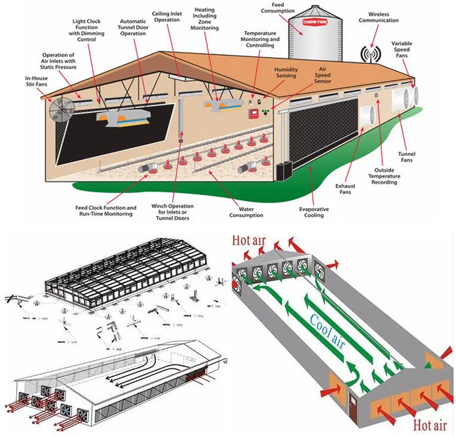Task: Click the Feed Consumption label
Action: (x=274, y=8)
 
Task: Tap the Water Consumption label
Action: (x=246, y=212)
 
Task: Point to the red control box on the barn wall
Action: (x=253, y=113)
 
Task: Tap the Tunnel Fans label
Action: (x=407, y=157)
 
